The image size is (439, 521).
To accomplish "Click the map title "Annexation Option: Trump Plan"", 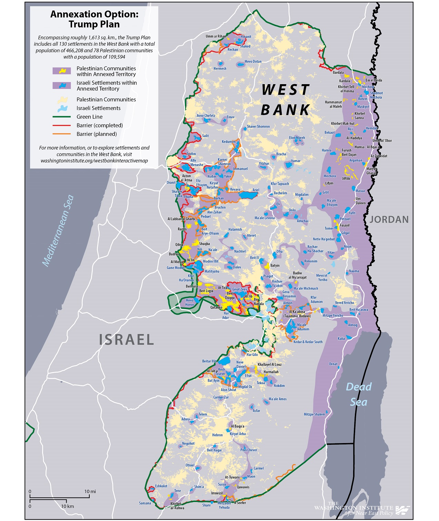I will [94, 19].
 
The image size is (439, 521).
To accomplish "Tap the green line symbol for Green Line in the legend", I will [61, 117].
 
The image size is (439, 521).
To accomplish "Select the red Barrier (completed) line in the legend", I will [61, 126].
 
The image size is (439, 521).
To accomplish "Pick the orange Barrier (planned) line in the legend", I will [61, 134].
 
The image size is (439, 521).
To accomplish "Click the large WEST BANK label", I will [286, 100].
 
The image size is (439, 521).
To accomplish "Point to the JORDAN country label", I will [389, 220].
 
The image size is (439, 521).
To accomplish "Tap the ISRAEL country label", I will [126, 340].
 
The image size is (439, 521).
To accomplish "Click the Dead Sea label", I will [359, 394].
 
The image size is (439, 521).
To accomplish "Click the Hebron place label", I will [217, 435].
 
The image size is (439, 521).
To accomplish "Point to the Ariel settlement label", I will [256, 190].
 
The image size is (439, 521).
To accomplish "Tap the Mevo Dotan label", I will [253, 62].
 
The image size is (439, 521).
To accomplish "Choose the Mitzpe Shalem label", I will [314, 414].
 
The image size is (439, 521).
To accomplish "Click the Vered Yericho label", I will [344, 303].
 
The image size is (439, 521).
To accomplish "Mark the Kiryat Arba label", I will [238, 434].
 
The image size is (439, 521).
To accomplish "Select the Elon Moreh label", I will [297, 138].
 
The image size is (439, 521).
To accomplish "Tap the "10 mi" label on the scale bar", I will [90, 491].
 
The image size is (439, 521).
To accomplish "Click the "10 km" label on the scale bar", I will [68, 506].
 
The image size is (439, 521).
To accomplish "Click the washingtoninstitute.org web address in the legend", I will [94, 161].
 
